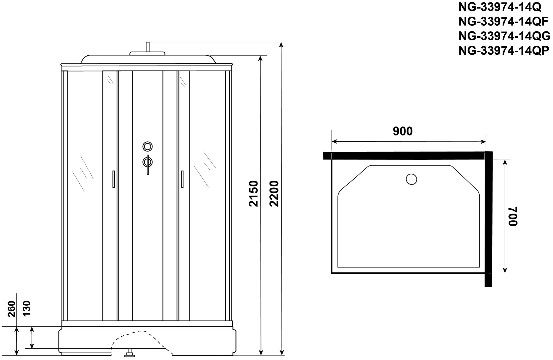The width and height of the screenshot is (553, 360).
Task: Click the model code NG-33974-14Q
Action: pos(500,7)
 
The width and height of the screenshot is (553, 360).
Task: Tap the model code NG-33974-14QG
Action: pos(504,36)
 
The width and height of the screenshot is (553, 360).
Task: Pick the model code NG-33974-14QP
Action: pos(504,51)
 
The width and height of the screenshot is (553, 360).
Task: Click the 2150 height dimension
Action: pos(254,193)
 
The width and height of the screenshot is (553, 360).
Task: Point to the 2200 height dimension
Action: pos(274,193)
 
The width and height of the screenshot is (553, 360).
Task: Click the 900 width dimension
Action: pos(403,131)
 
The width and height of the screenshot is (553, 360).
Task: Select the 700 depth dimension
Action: pos(513,216)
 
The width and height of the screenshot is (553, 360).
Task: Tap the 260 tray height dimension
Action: pos(12,309)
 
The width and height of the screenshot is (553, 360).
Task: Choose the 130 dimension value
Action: pos(26,308)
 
